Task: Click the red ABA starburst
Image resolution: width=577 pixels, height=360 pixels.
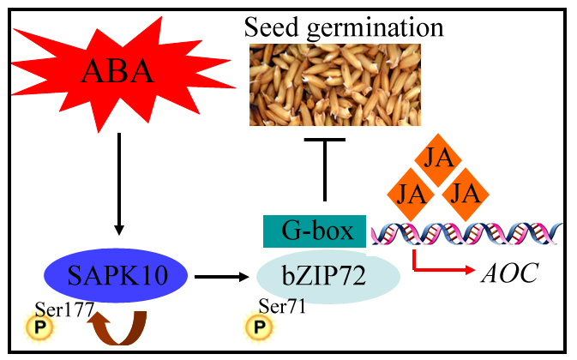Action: click(119, 73)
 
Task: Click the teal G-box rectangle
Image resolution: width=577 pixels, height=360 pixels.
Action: click(314, 231)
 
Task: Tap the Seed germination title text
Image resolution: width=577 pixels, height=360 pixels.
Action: click(344, 27)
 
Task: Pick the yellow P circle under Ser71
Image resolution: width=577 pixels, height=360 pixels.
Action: click(255, 327)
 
